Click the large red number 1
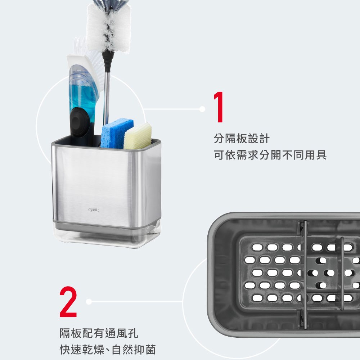pos(219,107)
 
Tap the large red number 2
pos(68,301)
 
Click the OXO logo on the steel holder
pos(94,210)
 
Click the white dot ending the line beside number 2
pos(89,301)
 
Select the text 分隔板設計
pos(242,139)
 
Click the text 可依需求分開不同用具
pos(270,155)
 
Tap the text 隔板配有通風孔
pos(99,333)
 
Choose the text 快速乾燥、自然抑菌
pos(108,350)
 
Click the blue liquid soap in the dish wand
pos(83,96)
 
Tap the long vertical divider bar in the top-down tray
pos(305,274)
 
